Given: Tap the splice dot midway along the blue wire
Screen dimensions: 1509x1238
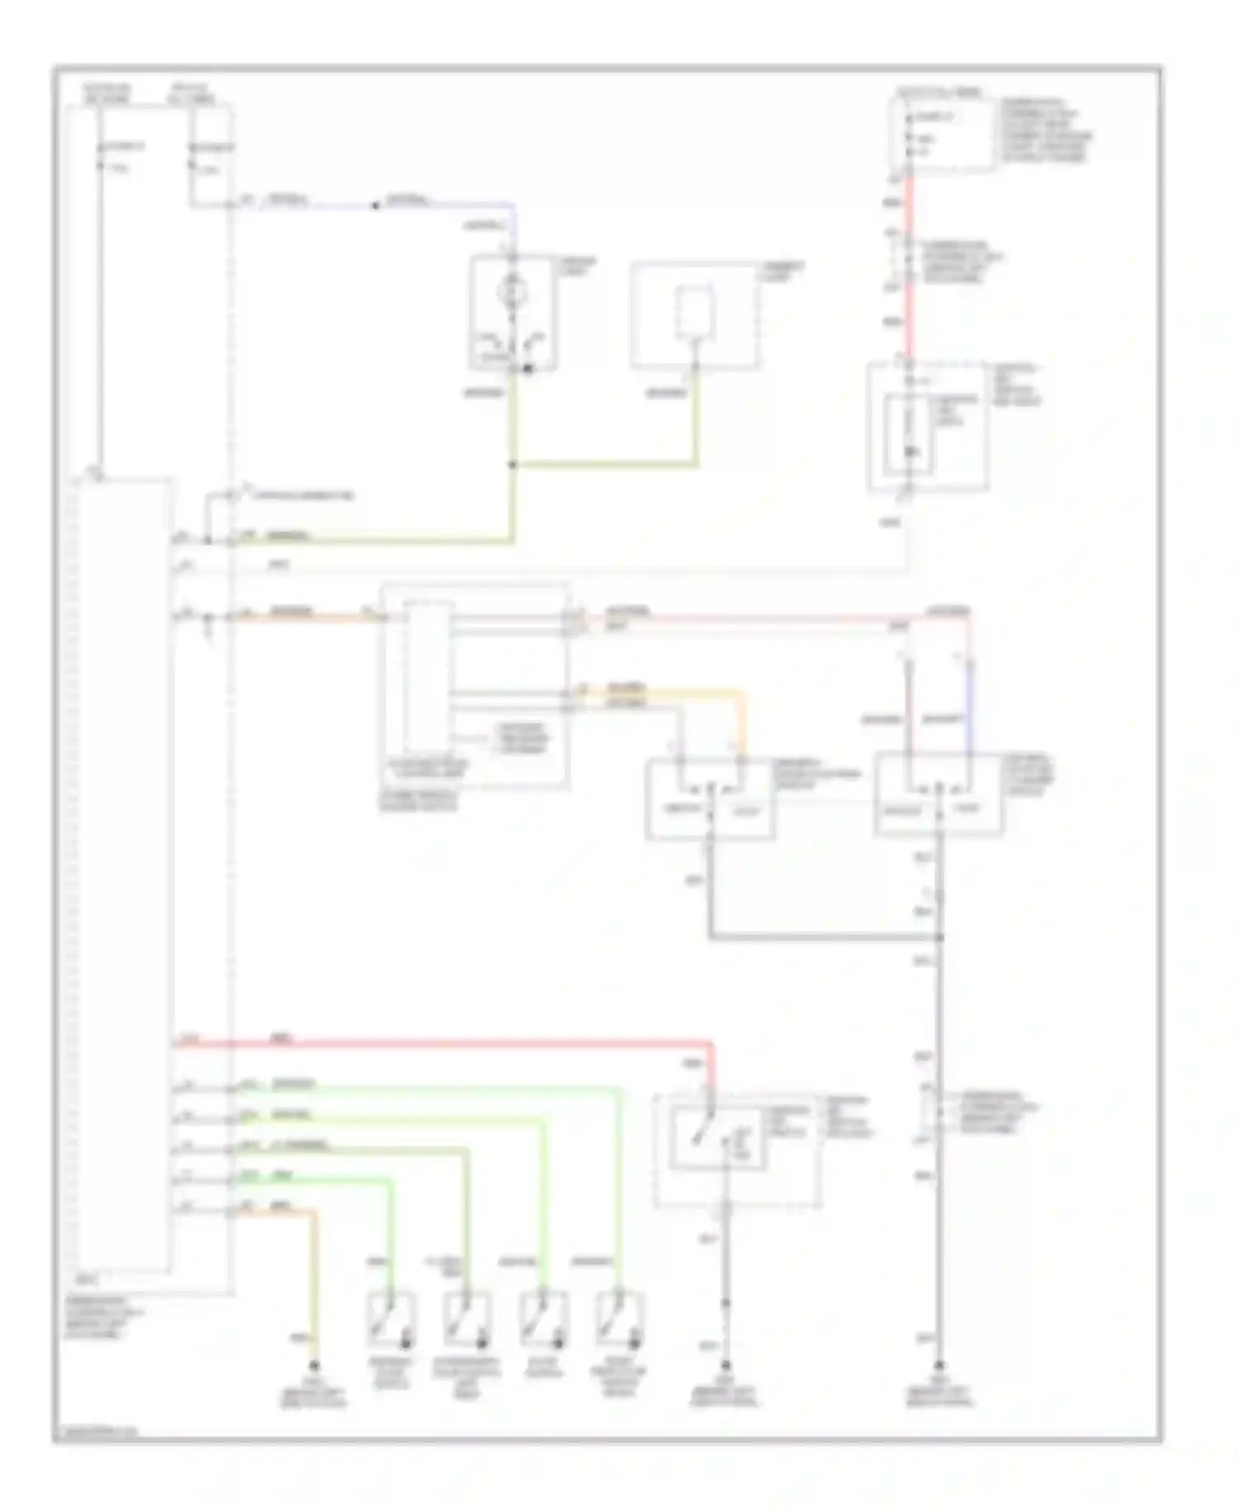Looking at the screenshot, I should click(x=376, y=205).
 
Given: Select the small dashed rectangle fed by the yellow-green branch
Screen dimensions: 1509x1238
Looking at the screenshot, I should click(x=695, y=314).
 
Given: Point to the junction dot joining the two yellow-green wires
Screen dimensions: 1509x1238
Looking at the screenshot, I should click(x=513, y=465).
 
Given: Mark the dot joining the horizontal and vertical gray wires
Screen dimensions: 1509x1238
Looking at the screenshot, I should click(x=939, y=938).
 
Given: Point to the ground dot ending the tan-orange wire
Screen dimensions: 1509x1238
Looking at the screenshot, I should click(x=314, y=1365).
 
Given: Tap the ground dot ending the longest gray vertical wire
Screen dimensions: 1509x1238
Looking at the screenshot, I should click(x=939, y=1365).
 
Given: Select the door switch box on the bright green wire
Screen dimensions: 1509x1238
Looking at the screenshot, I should click(x=391, y=1318).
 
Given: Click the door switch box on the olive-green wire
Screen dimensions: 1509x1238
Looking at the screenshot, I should click(x=467, y=1318).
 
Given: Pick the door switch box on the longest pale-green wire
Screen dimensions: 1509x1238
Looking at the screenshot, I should click(x=620, y=1318).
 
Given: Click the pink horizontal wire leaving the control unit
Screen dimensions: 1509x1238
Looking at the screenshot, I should click(x=743, y=617).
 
